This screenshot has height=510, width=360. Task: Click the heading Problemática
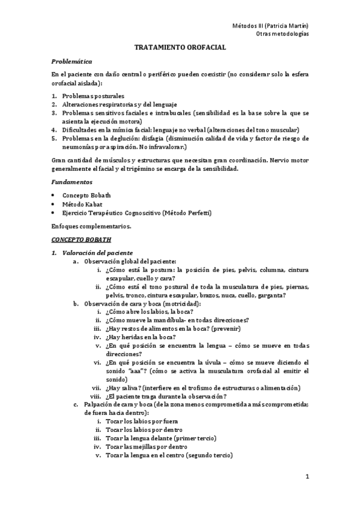(72, 61)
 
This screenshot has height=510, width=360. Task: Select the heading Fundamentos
(72, 181)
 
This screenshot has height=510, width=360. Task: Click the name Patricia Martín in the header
(287, 25)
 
